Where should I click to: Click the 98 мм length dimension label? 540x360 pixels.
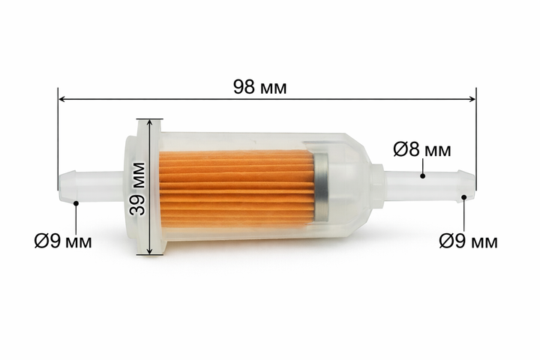tap(259, 87)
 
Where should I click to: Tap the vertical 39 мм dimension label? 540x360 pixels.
tap(137, 189)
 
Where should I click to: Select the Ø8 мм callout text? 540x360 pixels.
tap(421, 150)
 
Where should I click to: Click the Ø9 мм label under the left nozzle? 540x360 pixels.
tap(63, 241)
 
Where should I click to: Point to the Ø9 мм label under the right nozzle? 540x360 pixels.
tap(468, 241)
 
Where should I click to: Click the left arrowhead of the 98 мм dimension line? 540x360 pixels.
tap(62, 99)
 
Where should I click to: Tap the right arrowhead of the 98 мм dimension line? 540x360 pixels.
tap(472, 99)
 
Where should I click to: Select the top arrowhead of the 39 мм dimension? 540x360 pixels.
tap(149, 123)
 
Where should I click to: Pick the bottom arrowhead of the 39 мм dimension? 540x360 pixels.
tap(149, 251)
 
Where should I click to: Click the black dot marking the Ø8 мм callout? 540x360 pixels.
tap(423, 176)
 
